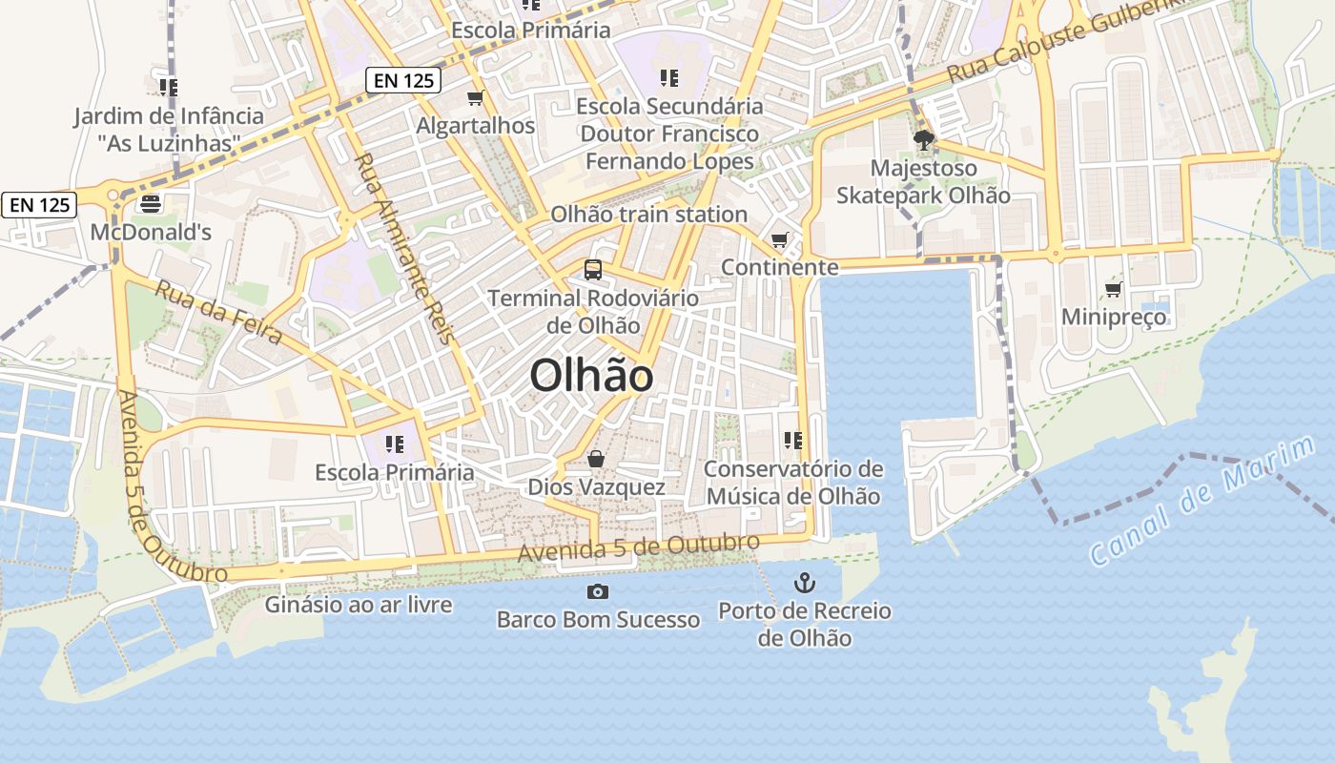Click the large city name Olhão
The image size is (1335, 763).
pyautogui.click(x=591, y=376)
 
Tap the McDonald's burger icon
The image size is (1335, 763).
pyautogui.click(x=151, y=203)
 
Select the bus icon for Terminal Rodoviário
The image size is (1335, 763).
pyautogui.click(x=593, y=270)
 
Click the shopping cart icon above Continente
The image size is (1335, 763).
pyautogui.click(x=780, y=239)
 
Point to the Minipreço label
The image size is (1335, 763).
pyautogui.click(x=1114, y=317)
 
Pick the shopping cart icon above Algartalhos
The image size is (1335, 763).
pyautogui.click(x=476, y=97)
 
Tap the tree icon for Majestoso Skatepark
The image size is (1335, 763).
pyautogui.click(x=923, y=140)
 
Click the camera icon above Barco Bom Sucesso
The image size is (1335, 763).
pyautogui.click(x=598, y=591)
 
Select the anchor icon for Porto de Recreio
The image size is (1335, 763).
pyautogui.click(x=805, y=582)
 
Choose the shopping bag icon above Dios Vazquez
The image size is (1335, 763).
pyautogui.click(x=596, y=459)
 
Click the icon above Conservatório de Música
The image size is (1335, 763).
pyautogui.click(x=792, y=441)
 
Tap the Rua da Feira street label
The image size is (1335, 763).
pyautogui.click(x=219, y=311)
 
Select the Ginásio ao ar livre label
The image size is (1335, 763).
pyautogui.click(x=359, y=605)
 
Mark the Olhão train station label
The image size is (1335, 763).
pyautogui.click(x=648, y=215)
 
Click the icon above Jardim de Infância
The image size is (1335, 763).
pyautogui.click(x=169, y=88)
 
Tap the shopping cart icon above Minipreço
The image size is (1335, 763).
pyautogui.click(x=1113, y=289)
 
